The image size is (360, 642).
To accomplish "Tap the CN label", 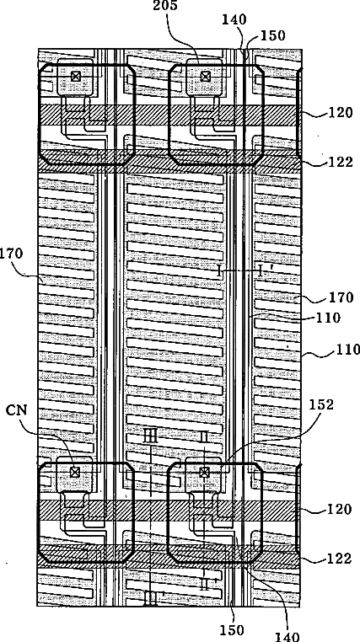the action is coord(16,410).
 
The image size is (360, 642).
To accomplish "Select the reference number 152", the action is coord(320,405).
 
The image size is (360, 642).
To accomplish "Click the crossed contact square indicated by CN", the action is coord(74,472).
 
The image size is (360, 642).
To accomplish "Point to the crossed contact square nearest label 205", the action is coord(204,77).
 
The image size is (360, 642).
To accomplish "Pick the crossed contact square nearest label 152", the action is coord(204,473).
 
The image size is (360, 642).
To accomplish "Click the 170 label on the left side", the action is coord(11,254).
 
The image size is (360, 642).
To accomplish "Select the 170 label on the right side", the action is coord(341,297).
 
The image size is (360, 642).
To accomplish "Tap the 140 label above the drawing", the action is coord(234,19).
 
